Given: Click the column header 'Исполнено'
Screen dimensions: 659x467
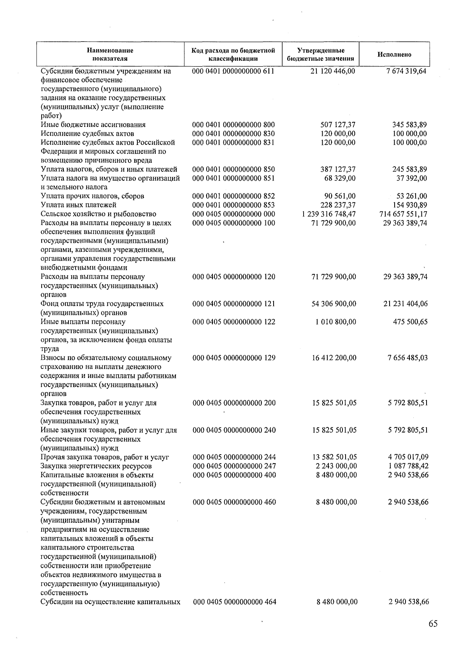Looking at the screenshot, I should [394, 54].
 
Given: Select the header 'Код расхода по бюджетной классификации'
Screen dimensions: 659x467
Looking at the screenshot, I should [233, 54].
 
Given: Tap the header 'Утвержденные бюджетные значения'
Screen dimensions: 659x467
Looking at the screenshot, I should [320, 54].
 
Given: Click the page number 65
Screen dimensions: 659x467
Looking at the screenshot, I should [433, 624].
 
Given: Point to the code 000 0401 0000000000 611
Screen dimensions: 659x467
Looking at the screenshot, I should [233, 71].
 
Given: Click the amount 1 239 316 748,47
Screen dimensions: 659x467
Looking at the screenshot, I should [328, 214].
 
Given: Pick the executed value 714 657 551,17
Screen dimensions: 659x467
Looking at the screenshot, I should [403, 214].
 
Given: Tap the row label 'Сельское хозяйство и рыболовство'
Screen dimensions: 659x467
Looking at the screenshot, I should [98, 214].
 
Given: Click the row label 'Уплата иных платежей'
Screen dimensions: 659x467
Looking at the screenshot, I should [79, 205].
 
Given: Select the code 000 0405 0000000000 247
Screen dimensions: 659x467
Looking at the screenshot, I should [234, 466].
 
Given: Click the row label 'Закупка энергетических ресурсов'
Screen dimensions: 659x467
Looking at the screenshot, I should [96, 466].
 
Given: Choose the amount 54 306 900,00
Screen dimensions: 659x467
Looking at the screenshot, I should [334, 304].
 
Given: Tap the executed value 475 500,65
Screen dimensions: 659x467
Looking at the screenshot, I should [411, 322].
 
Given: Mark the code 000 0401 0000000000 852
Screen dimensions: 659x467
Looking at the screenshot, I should [233, 196].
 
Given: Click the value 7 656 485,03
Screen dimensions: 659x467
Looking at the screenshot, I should [408, 358].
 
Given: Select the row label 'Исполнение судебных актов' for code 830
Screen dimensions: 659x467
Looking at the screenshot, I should [88, 134].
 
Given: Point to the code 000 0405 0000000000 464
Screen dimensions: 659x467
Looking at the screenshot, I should [235, 602].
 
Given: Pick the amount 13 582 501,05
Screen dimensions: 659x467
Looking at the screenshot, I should [334, 457].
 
